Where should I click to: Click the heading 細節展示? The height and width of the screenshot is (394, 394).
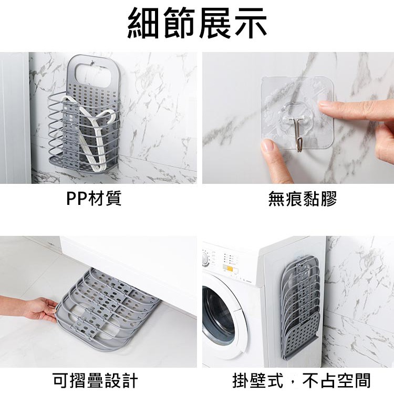point(197,23)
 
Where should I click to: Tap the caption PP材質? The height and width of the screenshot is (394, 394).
point(94,198)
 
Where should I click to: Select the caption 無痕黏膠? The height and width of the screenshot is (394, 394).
point(302,199)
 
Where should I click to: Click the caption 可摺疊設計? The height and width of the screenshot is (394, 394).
point(96,380)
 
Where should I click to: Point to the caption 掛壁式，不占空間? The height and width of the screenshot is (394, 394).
point(302,380)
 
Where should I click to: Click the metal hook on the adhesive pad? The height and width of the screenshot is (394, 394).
point(298,134)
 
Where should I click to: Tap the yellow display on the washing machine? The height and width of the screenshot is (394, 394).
point(230,268)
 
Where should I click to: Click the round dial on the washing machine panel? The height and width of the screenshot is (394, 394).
point(205,259)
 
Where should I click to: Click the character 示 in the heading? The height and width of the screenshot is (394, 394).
point(250,23)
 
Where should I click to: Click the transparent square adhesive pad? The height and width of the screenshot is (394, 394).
point(298,112)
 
